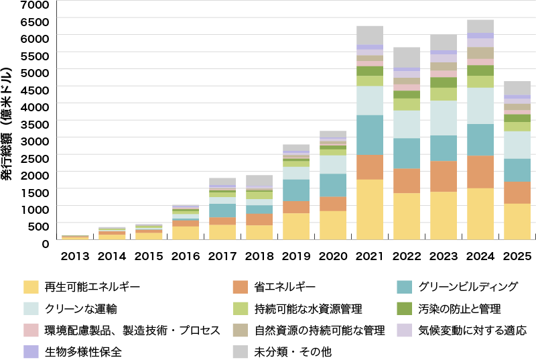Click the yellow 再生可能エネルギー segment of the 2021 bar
pos(369,209)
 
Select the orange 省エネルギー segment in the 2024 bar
pos(480,172)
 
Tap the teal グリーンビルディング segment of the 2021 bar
pos(369,135)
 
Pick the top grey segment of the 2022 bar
pos(406,57)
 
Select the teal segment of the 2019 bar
pos(295,190)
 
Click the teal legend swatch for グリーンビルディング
pos(404,287)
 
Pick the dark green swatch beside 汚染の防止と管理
pos(404,309)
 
